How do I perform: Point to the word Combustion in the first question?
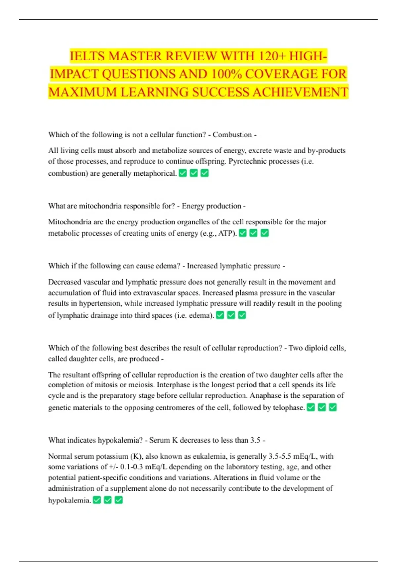point(232,135)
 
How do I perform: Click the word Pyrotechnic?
point(247,161)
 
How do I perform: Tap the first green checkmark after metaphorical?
point(183,173)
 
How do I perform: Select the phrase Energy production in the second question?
point(211,206)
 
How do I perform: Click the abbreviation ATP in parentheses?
point(226,233)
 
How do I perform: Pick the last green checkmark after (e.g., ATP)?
point(265,233)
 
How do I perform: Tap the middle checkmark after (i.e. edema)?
point(231,315)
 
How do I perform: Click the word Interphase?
point(173,385)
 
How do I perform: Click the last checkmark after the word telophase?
point(333,407)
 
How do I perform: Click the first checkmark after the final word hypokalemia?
point(97,500)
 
